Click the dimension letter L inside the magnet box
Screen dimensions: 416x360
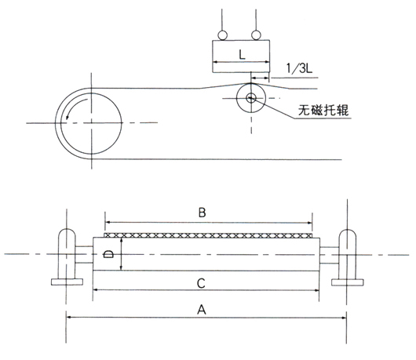242,55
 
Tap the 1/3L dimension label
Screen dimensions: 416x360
299,68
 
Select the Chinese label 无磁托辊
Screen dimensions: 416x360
323,110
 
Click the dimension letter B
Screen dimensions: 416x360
202,213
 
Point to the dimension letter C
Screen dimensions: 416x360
201,283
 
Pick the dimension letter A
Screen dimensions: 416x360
202,309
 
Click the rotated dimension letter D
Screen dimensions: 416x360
108,255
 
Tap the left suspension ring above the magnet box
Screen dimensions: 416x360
222,35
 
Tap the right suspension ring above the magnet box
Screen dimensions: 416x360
256,35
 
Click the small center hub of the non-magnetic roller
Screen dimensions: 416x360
250,98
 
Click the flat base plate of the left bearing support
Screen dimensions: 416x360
68,282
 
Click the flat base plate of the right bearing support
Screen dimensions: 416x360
348,282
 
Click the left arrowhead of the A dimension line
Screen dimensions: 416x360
69,317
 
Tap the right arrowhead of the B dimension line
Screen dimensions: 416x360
309,223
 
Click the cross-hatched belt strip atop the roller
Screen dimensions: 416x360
209,235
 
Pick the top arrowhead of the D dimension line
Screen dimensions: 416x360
121,241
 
